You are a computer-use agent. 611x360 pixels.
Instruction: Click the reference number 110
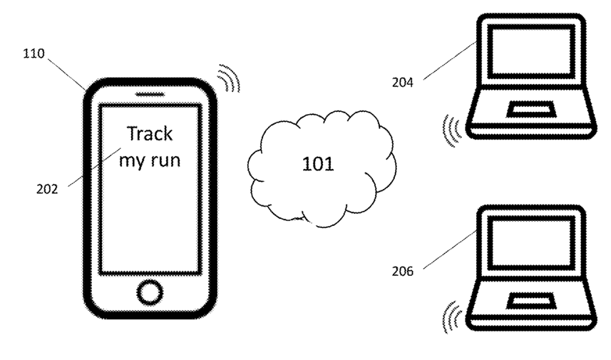(x=34, y=53)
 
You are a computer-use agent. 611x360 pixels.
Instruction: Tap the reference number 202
(x=47, y=189)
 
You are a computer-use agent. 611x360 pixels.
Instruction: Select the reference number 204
(x=403, y=83)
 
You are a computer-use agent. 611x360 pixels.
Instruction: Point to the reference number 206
(x=403, y=271)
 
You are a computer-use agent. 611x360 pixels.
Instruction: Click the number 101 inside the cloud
(x=318, y=164)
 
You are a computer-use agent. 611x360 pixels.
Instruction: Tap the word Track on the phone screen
(x=150, y=133)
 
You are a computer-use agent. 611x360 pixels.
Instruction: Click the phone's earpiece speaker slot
(x=150, y=94)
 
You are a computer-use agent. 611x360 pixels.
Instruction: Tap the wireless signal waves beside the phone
(x=229, y=78)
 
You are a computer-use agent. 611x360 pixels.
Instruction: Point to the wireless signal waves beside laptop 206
(x=452, y=317)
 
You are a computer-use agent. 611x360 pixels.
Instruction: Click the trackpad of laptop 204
(x=530, y=110)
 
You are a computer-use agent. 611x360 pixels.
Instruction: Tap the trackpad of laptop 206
(x=530, y=300)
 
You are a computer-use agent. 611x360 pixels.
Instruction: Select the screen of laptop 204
(x=532, y=51)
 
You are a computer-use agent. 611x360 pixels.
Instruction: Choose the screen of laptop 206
(x=532, y=242)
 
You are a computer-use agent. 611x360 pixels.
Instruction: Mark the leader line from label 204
(x=450, y=61)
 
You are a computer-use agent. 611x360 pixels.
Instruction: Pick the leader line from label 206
(x=450, y=250)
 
